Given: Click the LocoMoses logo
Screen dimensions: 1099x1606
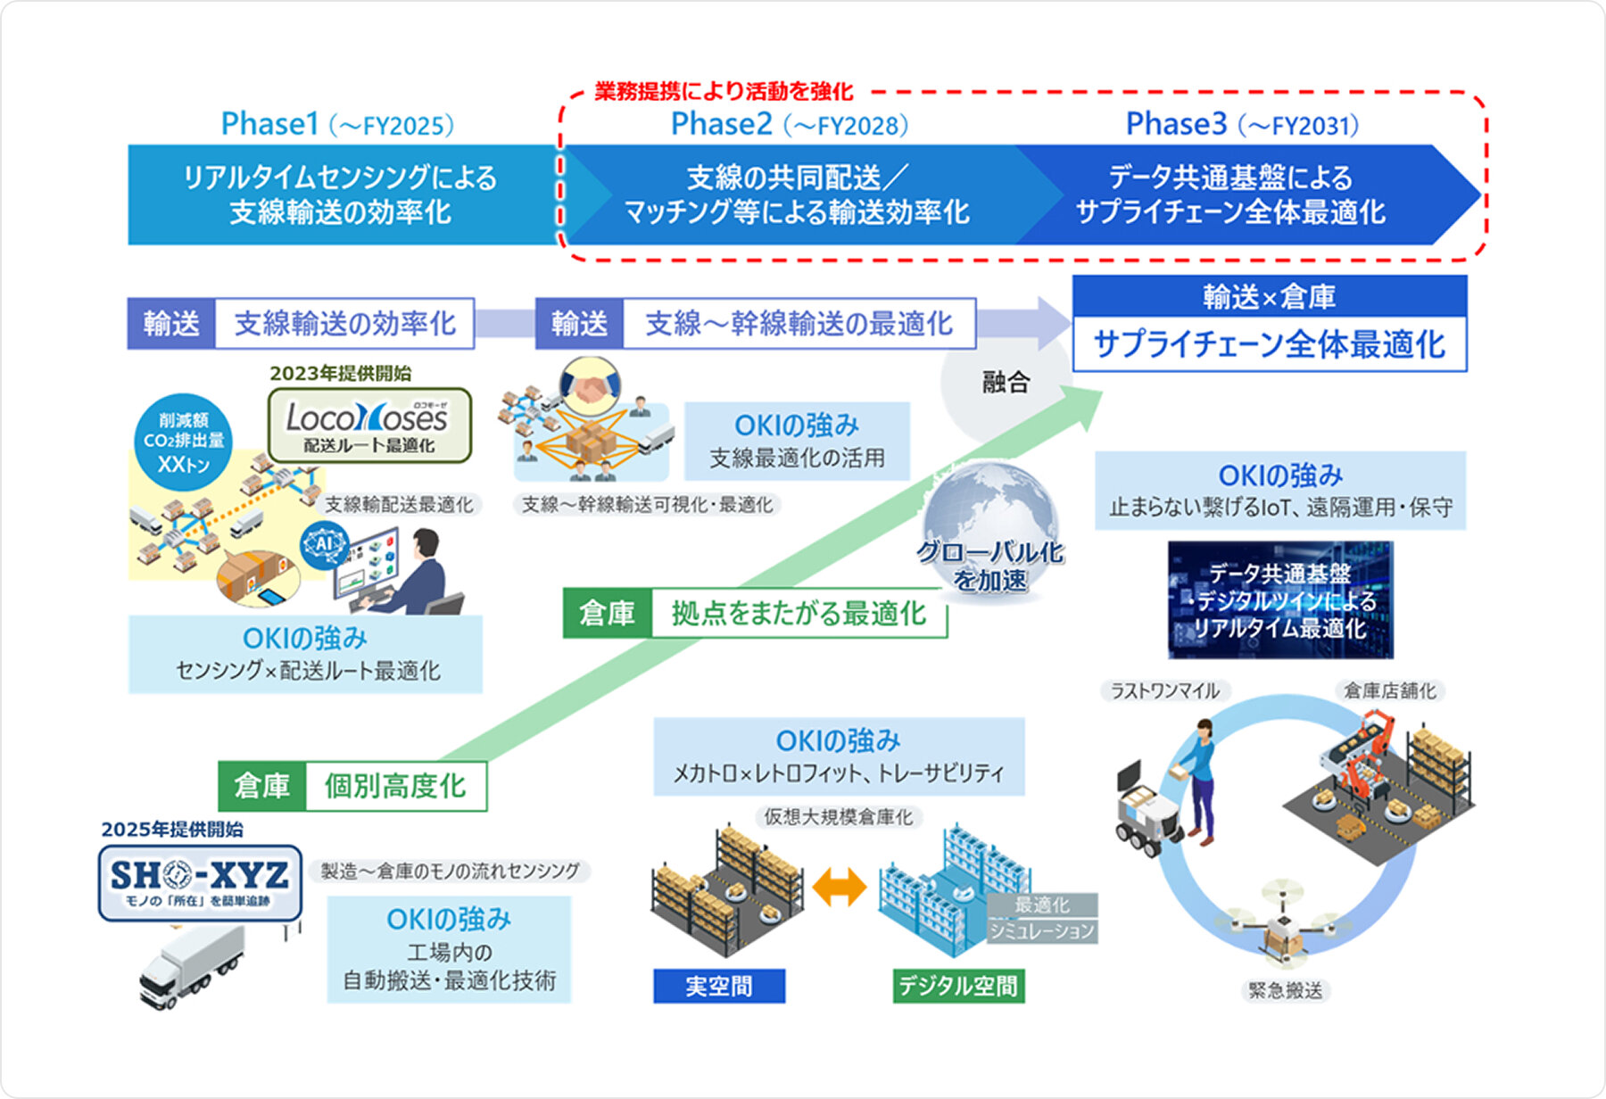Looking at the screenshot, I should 369,425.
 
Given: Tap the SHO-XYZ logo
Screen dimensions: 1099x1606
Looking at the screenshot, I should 200,882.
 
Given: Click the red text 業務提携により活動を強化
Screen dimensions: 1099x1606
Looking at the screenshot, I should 724,91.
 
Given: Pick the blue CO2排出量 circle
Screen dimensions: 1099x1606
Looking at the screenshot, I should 184,442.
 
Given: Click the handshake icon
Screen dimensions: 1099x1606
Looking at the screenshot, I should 589,386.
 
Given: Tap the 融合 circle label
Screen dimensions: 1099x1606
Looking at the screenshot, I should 1006,383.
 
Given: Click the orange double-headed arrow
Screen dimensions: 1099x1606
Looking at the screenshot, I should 840,888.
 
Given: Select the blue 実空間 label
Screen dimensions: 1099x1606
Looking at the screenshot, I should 719,986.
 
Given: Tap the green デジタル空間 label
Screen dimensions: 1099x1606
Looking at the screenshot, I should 958,986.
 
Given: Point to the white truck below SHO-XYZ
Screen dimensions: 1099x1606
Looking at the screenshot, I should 192,968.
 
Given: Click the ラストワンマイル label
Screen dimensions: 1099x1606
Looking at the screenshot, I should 1164,690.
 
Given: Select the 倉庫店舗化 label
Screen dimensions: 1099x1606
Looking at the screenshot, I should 1390,690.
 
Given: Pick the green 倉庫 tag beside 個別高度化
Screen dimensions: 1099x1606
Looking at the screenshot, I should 262,786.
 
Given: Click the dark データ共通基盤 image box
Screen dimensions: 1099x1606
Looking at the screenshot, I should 1280,599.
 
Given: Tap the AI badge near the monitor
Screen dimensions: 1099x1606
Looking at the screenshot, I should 323,543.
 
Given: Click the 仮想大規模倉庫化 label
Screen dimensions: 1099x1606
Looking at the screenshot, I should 838,817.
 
